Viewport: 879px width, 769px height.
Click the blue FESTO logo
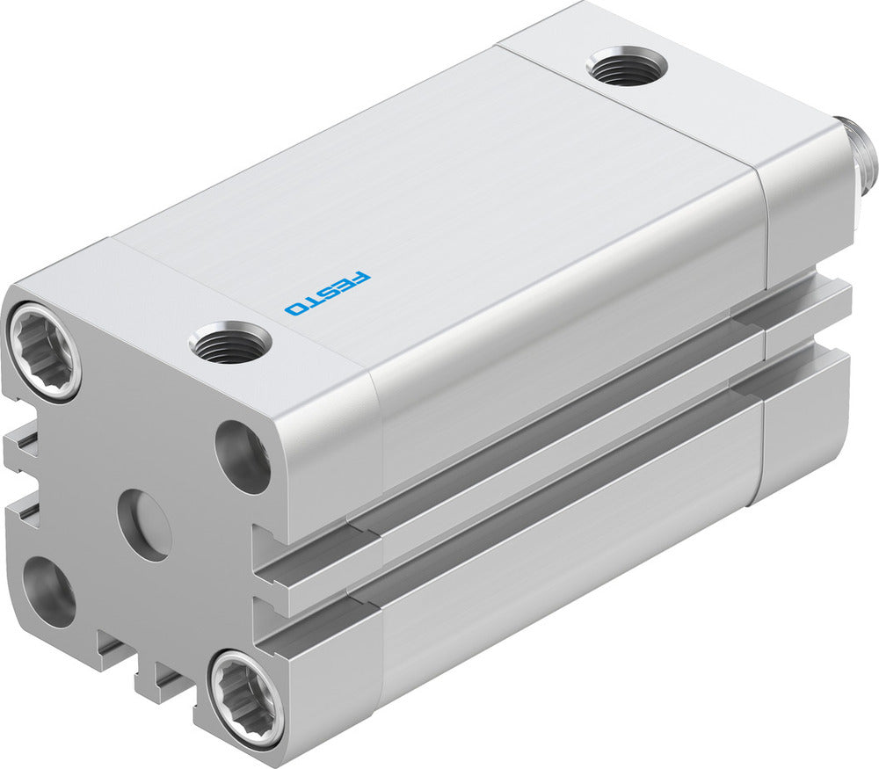328,294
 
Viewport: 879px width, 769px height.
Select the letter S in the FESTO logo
329,294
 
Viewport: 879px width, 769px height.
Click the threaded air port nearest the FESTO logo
229,342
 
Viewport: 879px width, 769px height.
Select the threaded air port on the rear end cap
627,68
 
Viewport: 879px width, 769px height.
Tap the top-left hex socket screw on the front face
44,351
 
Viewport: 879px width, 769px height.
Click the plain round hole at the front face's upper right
243,457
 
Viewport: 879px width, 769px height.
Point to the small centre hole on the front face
144,525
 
